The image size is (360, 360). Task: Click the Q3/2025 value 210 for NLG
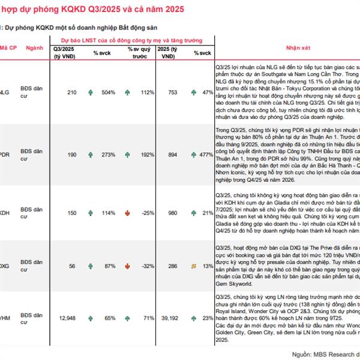(72, 92)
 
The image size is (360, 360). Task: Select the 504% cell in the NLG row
(109, 92)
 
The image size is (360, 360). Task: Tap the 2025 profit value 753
(173, 92)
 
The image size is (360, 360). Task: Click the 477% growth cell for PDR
(207, 154)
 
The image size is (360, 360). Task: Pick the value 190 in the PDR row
(72, 154)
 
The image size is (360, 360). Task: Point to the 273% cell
(109, 154)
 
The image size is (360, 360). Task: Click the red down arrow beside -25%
(127, 213)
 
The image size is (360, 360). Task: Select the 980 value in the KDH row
(173, 213)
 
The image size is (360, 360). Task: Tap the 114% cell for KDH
(109, 213)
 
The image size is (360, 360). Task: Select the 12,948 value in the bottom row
(67, 318)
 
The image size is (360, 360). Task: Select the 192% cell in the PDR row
(148, 154)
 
